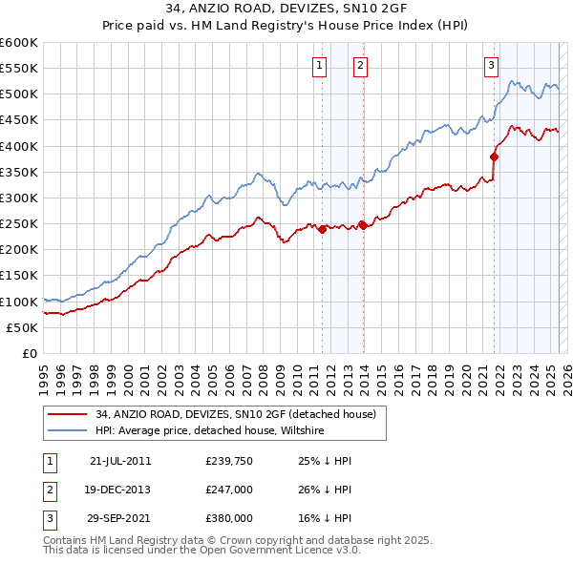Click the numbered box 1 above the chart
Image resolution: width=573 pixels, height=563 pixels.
318,66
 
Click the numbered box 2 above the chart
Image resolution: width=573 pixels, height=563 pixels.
360,66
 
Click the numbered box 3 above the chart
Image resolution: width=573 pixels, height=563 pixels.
491,66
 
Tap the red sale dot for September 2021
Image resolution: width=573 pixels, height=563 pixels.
495,156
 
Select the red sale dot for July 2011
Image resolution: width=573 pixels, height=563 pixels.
322,229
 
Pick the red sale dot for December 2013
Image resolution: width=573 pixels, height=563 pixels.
363,225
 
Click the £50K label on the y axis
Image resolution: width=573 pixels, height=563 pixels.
23,327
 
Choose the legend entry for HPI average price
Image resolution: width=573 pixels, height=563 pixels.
210,431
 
